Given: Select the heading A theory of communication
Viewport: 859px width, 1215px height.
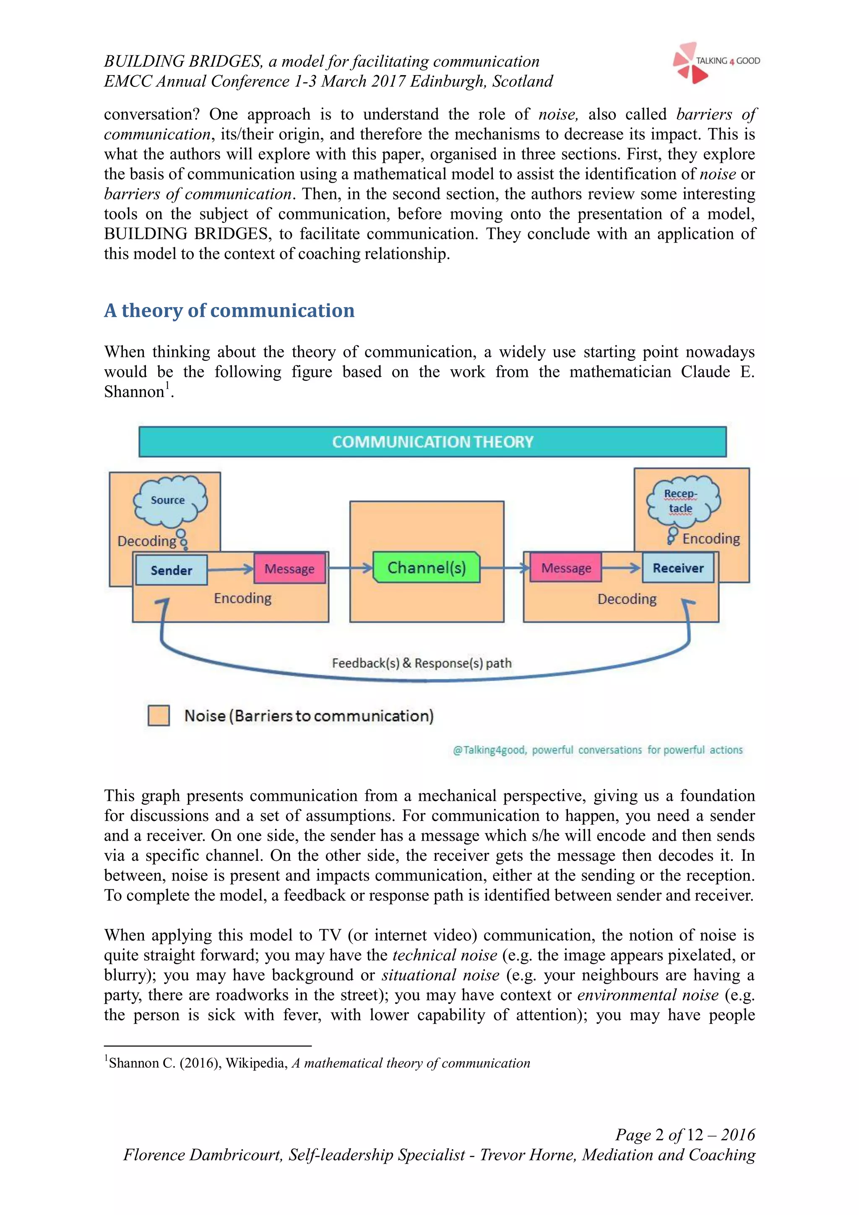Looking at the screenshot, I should (x=229, y=310).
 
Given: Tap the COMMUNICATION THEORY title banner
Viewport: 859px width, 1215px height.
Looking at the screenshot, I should (x=432, y=442).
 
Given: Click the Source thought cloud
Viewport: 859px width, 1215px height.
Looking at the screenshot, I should (x=169, y=501).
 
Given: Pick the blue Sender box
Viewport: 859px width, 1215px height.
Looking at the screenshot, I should (x=172, y=570).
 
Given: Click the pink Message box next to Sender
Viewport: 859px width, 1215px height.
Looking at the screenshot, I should (x=289, y=569).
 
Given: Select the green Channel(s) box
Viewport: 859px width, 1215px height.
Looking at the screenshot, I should (x=426, y=568).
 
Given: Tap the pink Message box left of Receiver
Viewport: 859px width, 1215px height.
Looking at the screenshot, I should (x=566, y=568).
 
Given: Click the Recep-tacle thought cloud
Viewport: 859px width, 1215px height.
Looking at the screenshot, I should (x=682, y=501).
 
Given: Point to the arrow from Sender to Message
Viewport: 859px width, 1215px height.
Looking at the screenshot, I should (x=231, y=570).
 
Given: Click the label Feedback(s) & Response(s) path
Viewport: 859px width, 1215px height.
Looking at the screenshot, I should (x=422, y=663).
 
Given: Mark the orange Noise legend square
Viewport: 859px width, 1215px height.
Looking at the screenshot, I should (x=159, y=716).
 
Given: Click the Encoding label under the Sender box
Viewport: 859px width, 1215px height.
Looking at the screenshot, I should (x=243, y=598).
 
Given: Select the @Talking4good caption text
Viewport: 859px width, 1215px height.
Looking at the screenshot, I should (x=598, y=750).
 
